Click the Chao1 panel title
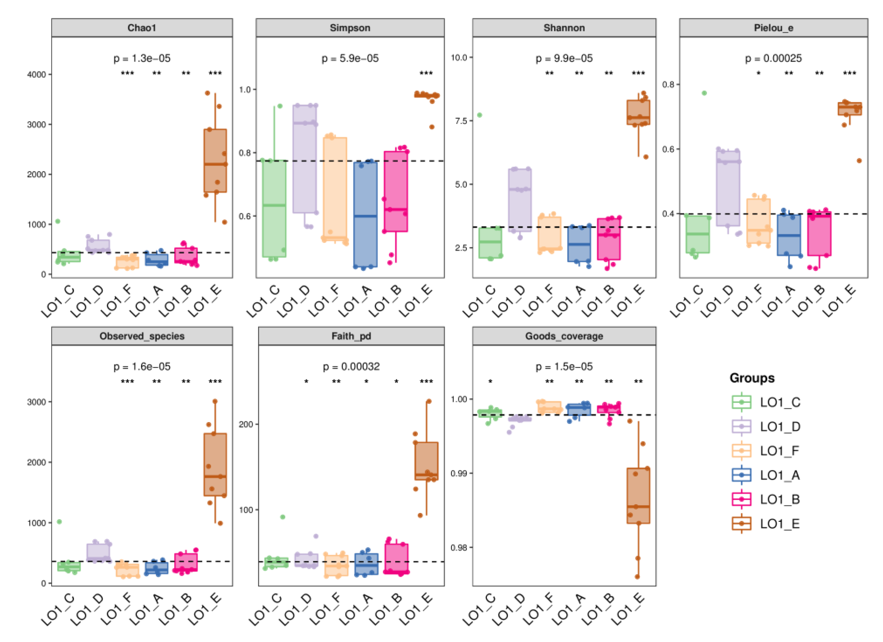(x=142, y=28)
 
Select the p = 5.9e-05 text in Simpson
(x=350, y=58)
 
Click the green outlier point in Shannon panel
(x=480, y=115)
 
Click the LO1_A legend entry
(x=765, y=475)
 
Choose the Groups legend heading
(x=752, y=378)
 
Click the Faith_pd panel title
(x=351, y=336)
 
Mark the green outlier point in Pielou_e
(x=704, y=93)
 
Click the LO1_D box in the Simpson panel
(x=305, y=159)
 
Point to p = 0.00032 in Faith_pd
(x=351, y=367)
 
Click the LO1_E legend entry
(x=765, y=524)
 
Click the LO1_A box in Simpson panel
(x=365, y=214)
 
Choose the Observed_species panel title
(x=142, y=336)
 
